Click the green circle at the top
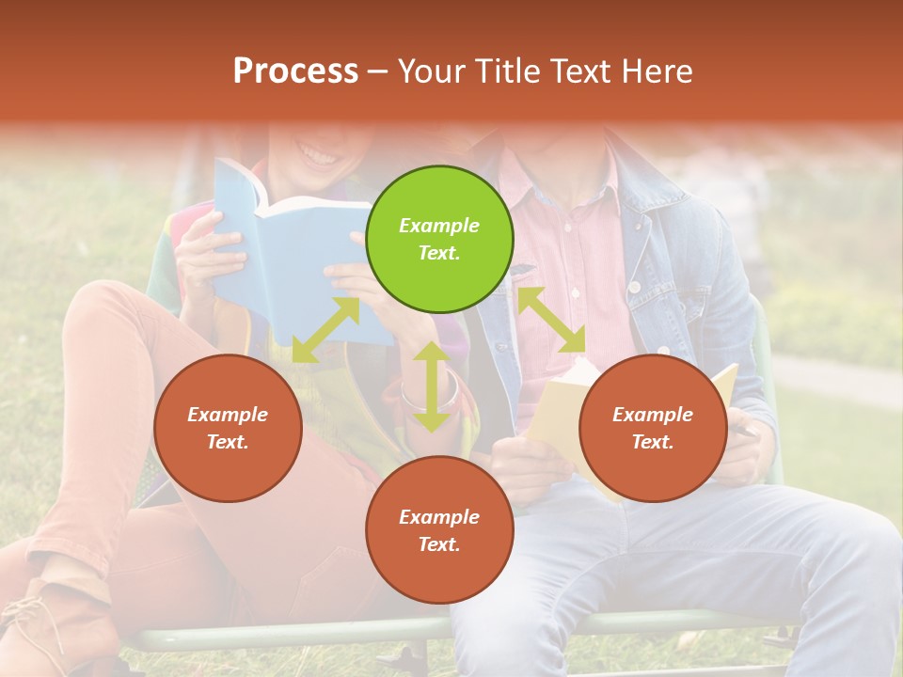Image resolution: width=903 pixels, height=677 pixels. click(439, 239)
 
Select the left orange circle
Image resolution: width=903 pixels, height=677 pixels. click(228, 428)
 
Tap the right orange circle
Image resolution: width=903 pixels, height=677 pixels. click(653, 428)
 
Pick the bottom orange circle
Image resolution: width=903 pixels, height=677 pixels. click(439, 529)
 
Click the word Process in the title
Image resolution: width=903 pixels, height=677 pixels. click(295, 71)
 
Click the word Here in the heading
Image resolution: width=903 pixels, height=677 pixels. click(657, 71)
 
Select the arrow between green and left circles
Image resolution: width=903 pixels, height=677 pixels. click(326, 330)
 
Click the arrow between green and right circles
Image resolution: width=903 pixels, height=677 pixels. click(551, 320)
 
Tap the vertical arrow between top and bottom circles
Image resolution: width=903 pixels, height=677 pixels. click(431, 386)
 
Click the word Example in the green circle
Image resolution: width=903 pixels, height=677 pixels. click(439, 226)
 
